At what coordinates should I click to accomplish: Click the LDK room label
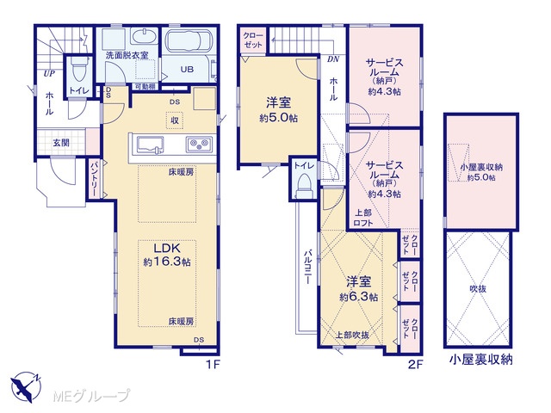click(x=167, y=249)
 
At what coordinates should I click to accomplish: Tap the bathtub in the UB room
click(x=189, y=41)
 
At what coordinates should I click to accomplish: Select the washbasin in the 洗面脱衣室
click(x=144, y=36)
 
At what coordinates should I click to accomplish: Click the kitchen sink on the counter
click(x=150, y=145)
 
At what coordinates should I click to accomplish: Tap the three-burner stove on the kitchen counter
click(x=199, y=145)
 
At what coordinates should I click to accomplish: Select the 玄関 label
click(x=61, y=143)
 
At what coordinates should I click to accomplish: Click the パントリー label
click(x=95, y=179)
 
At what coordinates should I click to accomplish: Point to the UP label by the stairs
click(x=49, y=74)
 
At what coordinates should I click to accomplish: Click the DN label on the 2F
click(x=333, y=59)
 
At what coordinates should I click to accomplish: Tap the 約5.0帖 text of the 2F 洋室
click(x=278, y=119)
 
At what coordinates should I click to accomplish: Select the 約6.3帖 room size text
click(x=358, y=297)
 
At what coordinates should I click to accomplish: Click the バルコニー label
click(x=308, y=267)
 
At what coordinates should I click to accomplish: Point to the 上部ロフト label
click(x=363, y=218)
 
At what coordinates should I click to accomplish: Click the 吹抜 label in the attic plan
click(x=478, y=289)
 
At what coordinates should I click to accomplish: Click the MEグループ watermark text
click(x=91, y=397)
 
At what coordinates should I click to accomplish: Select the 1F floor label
click(x=213, y=365)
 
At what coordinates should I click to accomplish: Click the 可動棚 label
click(x=145, y=86)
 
